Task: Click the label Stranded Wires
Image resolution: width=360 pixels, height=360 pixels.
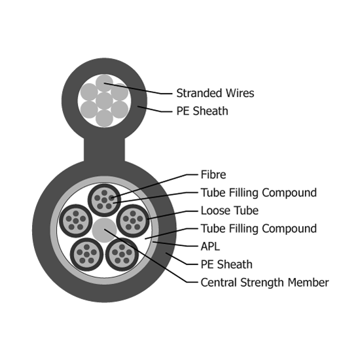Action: [x=215, y=93]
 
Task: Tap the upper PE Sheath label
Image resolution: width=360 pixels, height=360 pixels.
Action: [x=202, y=111]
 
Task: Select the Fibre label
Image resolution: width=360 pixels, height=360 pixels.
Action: [x=213, y=175]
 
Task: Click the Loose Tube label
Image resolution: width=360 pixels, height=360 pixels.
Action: [x=230, y=211]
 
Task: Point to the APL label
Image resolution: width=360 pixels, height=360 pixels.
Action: [x=210, y=247]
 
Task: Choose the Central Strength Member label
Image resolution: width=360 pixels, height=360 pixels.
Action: [x=264, y=283]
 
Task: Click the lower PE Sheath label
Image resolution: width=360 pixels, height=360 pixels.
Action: [x=226, y=264]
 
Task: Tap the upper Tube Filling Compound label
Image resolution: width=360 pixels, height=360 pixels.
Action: [x=259, y=192]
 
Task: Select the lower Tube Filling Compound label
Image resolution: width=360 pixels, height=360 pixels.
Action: [x=259, y=228]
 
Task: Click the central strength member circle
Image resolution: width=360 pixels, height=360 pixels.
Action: [x=104, y=230]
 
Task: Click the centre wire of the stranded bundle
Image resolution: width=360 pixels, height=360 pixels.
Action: [x=104, y=101]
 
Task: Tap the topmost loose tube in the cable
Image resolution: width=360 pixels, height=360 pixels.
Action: [x=104, y=200]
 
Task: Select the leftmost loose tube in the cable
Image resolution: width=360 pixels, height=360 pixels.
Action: [x=76, y=221]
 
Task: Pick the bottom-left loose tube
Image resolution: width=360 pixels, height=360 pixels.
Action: [x=86, y=255]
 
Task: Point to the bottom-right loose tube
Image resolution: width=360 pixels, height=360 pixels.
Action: [x=122, y=255]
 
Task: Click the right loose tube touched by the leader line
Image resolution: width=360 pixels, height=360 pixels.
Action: [x=133, y=221]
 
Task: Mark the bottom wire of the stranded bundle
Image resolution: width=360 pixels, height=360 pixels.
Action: [x=104, y=118]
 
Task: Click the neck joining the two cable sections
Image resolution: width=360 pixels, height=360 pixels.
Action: [x=104, y=149]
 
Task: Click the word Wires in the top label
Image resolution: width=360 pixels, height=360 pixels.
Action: [x=240, y=93]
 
